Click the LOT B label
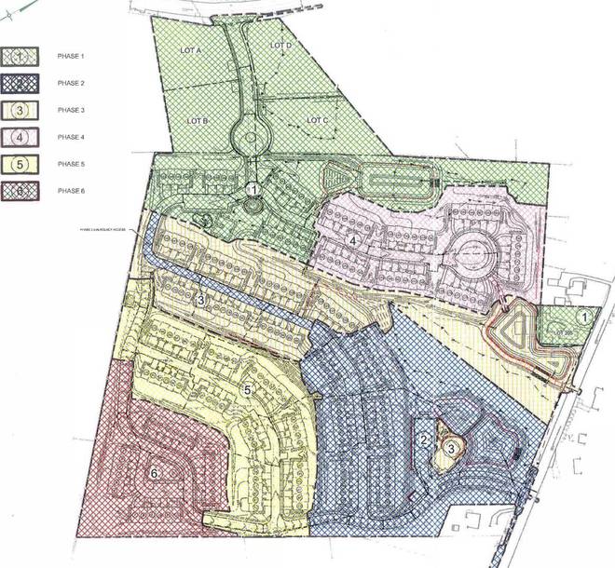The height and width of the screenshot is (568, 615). click(x=197, y=121)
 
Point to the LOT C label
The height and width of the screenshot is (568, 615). click(x=317, y=120)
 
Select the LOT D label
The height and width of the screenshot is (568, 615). click(x=281, y=46)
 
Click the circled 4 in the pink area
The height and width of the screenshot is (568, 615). click(x=352, y=239)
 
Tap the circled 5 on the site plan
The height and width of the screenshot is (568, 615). click(x=246, y=389)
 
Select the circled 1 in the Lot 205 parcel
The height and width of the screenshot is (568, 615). click(x=584, y=318)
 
